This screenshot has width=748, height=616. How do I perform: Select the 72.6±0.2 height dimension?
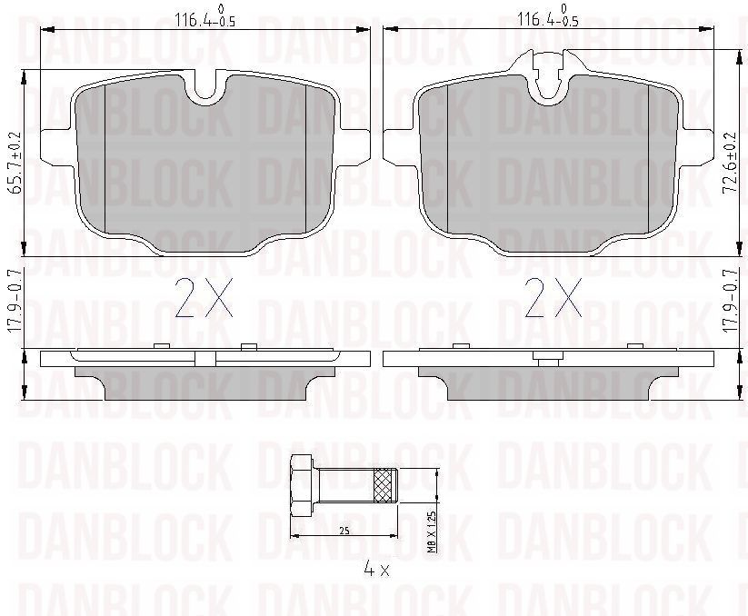(x=728, y=162)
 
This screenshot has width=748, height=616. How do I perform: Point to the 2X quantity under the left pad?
(x=205, y=297)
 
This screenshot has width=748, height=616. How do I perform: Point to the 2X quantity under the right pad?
(x=554, y=297)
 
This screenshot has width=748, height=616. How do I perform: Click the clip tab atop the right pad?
(x=548, y=71)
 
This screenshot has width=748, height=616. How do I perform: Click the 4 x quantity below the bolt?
(x=375, y=570)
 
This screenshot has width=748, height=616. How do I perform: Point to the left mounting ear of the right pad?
(x=401, y=146)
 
